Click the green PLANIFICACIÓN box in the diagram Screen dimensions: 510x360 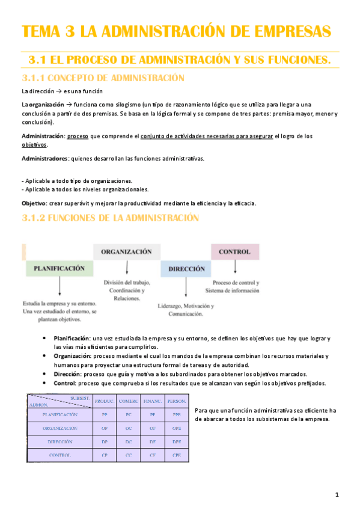(x=59, y=268)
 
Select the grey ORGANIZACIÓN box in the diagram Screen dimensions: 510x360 (x=126, y=251)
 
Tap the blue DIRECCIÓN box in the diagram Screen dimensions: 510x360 (x=186, y=269)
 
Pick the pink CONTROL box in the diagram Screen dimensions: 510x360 (x=234, y=251)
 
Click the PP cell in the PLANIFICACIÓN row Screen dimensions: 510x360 (x=105, y=415)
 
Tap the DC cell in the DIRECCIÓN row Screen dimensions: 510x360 (x=129, y=442)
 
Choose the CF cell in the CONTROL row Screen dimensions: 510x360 (x=153, y=455)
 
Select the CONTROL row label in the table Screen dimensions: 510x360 (x=60, y=455)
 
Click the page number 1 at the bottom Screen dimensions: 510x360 (x=337, y=495)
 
